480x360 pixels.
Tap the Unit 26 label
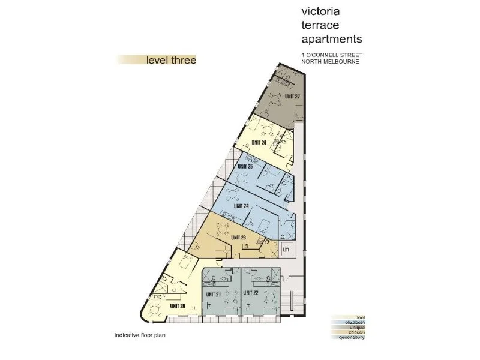(260, 142)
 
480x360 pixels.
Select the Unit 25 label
(245, 166)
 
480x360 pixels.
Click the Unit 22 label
(251, 294)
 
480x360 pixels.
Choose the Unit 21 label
(214, 294)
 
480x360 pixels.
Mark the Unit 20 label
(178, 307)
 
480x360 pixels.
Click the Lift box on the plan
(286, 248)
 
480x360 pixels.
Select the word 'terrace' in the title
(318, 26)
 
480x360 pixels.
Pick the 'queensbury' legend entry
(352, 337)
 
